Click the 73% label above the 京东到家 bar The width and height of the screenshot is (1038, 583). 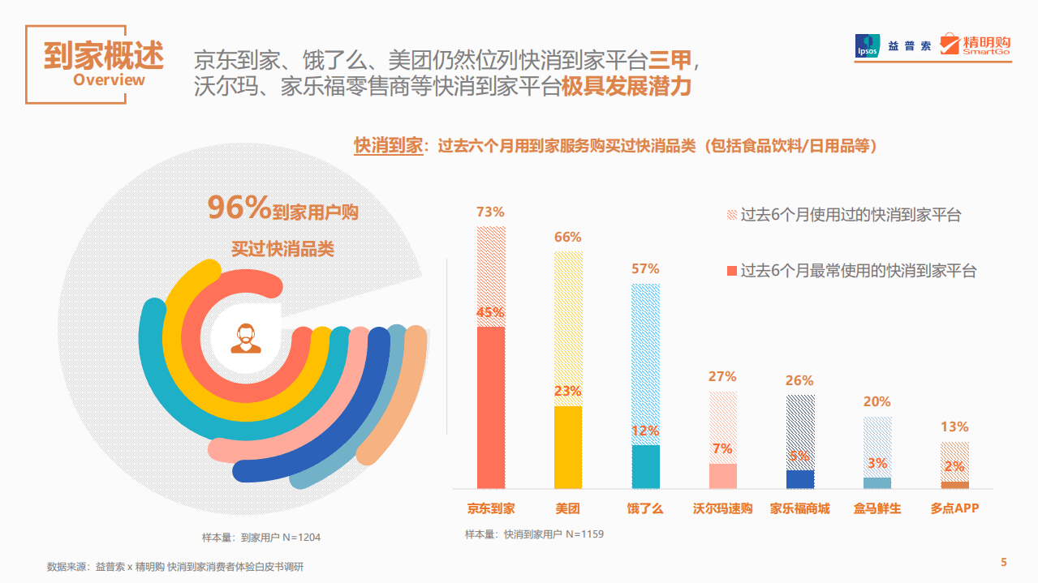490,212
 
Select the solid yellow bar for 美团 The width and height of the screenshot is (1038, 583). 568,447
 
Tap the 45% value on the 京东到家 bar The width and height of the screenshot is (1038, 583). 490,312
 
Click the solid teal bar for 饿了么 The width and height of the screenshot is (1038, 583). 646,466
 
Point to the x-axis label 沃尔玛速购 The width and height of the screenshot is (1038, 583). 722,509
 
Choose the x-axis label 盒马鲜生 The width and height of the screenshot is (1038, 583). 877,509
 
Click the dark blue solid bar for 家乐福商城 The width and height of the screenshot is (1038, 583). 800,478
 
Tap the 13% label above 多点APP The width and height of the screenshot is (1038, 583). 954,427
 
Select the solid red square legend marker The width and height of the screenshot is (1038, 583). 731,270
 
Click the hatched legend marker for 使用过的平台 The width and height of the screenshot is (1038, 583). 731,215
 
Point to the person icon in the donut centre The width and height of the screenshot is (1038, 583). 246,338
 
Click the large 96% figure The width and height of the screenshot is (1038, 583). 239,208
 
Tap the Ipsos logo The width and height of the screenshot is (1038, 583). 868,45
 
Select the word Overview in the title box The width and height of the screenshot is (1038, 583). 109,79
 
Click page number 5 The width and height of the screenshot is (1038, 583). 1004,563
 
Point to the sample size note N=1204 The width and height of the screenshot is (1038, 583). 261,537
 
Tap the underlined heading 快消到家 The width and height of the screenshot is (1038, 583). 389,146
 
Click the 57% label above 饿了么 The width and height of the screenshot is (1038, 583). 646,268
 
